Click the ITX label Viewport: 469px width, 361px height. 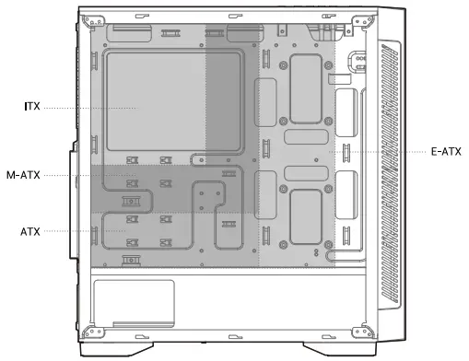32,108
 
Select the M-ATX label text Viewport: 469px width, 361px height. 22,175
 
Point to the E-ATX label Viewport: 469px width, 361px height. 446,149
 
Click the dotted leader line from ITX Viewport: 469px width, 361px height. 88,108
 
